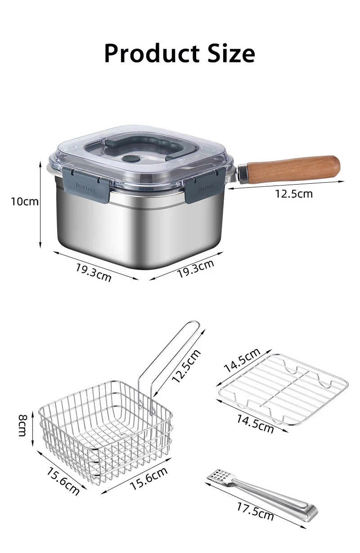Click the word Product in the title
point(152,54)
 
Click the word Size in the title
point(231,53)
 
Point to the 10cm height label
point(25,202)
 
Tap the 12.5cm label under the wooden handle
point(294,194)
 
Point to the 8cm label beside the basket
point(22,429)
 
